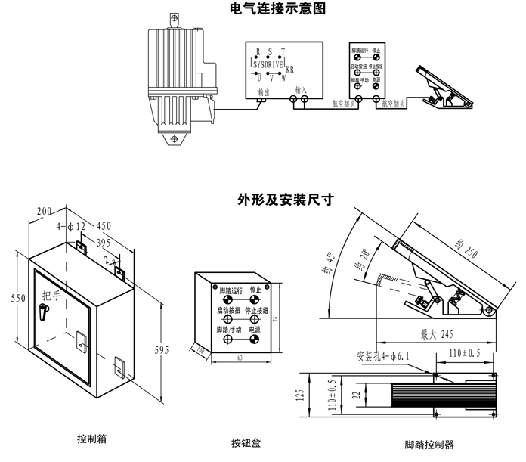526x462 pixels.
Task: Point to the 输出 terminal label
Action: [264, 91]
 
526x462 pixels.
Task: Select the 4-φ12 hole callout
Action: [69, 227]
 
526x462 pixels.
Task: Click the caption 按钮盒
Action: [245, 443]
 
